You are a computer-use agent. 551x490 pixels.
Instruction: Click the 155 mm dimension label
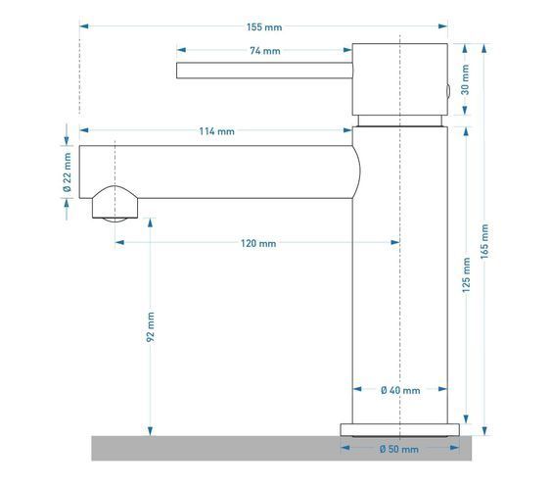tap(264, 27)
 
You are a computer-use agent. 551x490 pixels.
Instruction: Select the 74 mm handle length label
tap(265, 51)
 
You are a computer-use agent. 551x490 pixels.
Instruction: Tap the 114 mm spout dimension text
tap(217, 131)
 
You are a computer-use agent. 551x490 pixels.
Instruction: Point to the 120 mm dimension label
tap(258, 243)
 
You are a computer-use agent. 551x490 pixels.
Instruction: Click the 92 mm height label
tap(151, 326)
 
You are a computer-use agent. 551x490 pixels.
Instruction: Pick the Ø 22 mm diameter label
tap(67, 172)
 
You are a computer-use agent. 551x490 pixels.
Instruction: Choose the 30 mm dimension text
tap(465, 79)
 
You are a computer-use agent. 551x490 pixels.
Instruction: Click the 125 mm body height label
tap(466, 275)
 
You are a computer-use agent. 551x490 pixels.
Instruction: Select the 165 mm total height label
tap(484, 242)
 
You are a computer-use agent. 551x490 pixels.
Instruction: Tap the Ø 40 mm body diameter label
tap(400, 390)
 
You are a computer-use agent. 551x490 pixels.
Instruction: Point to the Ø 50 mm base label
tap(399, 449)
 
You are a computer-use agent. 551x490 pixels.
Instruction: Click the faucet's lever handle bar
tap(264, 71)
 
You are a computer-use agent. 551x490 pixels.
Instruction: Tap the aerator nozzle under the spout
tap(115, 204)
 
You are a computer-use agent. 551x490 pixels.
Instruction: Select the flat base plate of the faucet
tap(399, 430)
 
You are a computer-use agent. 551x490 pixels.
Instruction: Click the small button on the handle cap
tap(448, 91)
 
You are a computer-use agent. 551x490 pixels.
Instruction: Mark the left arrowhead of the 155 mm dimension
tap(84, 26)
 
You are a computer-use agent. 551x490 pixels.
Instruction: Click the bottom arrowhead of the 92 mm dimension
tap(151, 431)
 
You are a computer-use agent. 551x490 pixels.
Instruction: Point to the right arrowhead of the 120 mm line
tap(395, 242)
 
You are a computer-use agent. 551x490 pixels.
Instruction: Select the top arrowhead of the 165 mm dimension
tap(484, 48)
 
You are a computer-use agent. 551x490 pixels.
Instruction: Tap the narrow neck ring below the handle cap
tap(400, 121)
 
